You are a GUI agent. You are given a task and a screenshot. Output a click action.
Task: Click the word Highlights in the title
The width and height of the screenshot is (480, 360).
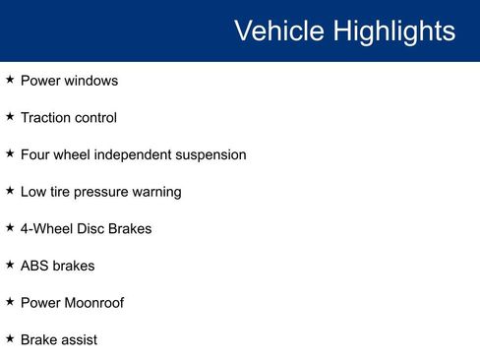tap(393, 31)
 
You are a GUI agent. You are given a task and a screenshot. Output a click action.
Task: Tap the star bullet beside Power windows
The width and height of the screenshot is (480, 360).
tap(10, 80)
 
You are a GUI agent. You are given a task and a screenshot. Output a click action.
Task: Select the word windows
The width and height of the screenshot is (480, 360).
tap(91, 81)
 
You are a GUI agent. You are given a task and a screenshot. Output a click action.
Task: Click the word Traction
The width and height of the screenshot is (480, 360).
tap(45, 118)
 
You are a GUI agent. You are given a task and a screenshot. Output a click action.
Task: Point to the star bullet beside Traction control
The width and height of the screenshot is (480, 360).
tap(10, 117)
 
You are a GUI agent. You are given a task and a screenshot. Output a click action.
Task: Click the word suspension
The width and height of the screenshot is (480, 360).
tap(210, 155)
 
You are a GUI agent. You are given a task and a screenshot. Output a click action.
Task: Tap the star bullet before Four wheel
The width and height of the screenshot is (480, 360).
tap(10, 154)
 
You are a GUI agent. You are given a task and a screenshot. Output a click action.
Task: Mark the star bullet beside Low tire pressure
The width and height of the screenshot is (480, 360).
tap(10, 191)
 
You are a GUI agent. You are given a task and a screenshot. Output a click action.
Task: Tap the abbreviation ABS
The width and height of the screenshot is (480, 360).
tap(35, 266)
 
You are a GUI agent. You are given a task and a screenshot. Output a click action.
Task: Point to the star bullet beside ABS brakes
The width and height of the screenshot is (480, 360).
tap(10, 265)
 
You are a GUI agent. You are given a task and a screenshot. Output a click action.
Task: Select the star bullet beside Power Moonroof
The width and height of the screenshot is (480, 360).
tap(10, 302)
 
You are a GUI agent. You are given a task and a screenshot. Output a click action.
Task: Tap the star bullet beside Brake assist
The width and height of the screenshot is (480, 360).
tap(10, 338)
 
